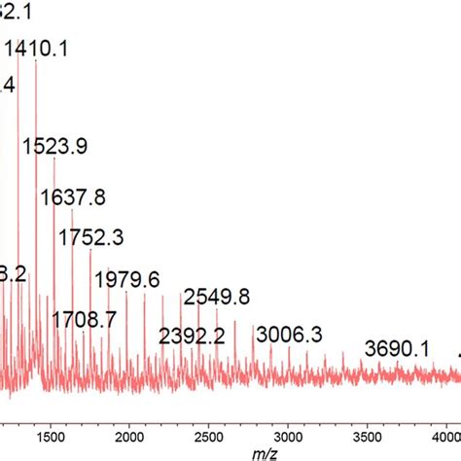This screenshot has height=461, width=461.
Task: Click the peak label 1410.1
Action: [x=37, y=49]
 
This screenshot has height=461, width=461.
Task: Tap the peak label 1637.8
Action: [x=73, y=197]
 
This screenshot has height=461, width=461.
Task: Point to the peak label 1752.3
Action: [x=91, y=237]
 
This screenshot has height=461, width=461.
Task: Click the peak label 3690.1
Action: [x=397, y=347]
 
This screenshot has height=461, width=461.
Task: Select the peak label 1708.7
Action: [x=84, y=318]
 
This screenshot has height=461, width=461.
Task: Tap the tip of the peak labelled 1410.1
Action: [x=36, y=60]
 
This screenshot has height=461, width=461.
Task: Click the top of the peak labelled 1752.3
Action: [x=90, y=250]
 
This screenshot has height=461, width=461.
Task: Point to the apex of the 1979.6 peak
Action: [x=126, y=291]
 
